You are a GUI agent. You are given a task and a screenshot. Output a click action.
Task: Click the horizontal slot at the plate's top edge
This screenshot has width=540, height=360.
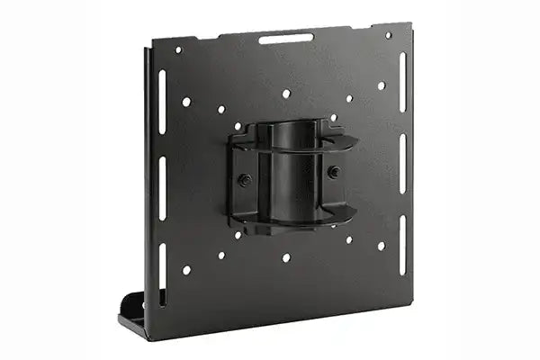(x=286, y=39)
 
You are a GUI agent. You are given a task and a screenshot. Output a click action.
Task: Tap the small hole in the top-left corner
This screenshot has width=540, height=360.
(x=178, y=49)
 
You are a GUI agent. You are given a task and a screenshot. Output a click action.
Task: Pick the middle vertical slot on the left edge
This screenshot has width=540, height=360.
(x=162, y=187)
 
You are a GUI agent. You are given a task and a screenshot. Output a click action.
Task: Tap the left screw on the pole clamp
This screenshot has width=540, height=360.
(x=243, y=179)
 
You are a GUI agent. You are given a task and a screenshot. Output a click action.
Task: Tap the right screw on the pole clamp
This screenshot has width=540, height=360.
(x=334, y=171)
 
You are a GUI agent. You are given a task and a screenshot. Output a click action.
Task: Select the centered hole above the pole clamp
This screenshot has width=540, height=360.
(x=286, y=94)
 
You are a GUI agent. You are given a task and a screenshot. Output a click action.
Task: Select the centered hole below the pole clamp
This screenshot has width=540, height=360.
(x=286, y=257)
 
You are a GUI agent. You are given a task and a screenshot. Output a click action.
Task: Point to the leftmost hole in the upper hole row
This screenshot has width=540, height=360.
(x=186, y=102)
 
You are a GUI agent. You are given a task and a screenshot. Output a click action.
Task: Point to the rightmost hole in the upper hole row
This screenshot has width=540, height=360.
(x=381, y=86)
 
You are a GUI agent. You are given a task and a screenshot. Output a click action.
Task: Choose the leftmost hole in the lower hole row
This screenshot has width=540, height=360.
(x=186, y=269)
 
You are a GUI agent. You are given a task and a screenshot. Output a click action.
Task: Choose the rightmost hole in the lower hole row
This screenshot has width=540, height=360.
(x=381, y=245)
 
